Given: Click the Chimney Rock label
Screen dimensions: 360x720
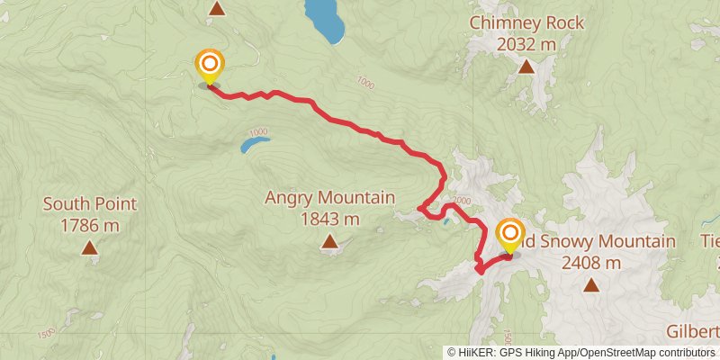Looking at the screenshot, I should click(x=526, y=23).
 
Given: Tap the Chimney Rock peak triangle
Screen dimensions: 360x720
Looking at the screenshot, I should click(x=526, y=66).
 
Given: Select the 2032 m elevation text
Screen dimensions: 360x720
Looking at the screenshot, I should click(x=526, y=43).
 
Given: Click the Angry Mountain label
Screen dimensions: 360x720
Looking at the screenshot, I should click(x=330, y=198).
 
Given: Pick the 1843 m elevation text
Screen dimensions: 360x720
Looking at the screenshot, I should click(x=330, y=219).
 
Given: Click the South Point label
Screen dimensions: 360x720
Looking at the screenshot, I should click(x=89, y=204).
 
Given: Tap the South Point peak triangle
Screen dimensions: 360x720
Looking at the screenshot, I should click(x=89, y=247).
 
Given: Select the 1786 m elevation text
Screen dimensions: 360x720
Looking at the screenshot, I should click(x=89, y=225).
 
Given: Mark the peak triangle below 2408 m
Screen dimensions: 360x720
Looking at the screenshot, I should click(x=591, y=285).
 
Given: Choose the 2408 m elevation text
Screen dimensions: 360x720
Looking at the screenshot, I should click(x=591, y=263).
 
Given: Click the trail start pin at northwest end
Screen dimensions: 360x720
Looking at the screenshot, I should click(x=210, y=65).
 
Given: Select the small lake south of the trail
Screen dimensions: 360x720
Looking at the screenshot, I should click(x=253, y=142).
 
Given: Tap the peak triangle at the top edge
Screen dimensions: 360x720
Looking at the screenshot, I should click(x=216, y=8).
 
